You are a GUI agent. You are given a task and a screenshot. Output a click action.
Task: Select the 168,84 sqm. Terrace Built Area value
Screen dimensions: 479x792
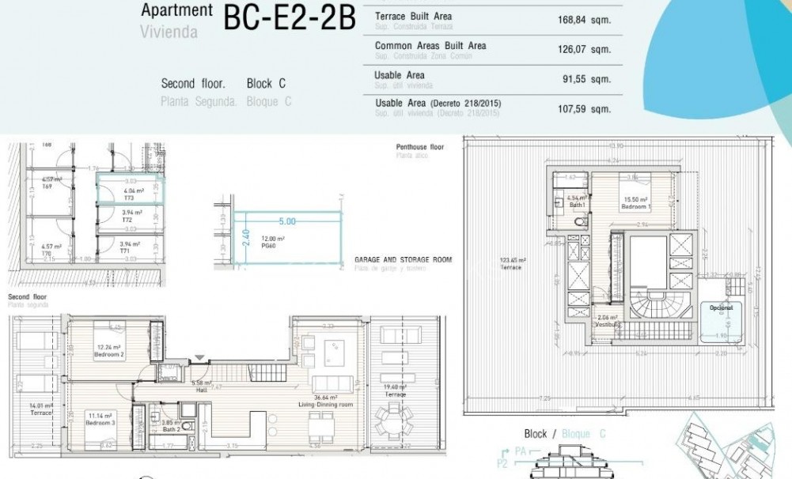(x=584, y=21)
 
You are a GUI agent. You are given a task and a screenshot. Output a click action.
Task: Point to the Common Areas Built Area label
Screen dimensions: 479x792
(x=430, y=46)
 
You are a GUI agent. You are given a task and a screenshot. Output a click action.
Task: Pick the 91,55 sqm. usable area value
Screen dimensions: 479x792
(x=584, y=79)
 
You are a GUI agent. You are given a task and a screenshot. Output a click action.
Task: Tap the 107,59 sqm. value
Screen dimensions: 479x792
(x=584, y=109)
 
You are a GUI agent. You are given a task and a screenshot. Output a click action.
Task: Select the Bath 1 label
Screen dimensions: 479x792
(x=577, y=205)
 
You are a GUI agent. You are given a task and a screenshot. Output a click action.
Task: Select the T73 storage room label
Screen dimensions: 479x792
(x=128, y=198)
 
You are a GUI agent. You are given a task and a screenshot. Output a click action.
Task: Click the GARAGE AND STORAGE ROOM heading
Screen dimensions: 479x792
(x=403, y=259)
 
